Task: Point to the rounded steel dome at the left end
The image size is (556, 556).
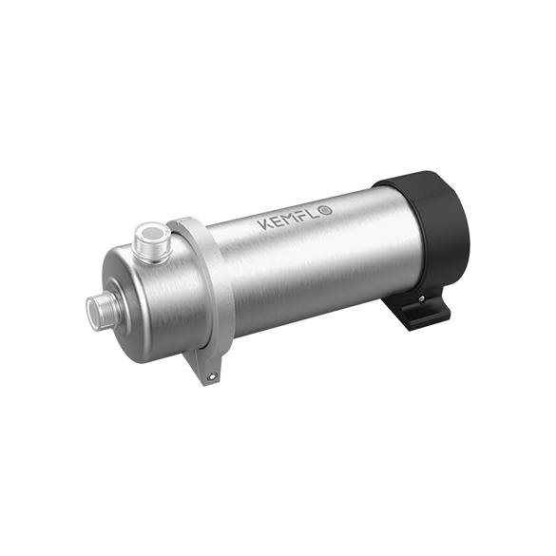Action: coord(133,295)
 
